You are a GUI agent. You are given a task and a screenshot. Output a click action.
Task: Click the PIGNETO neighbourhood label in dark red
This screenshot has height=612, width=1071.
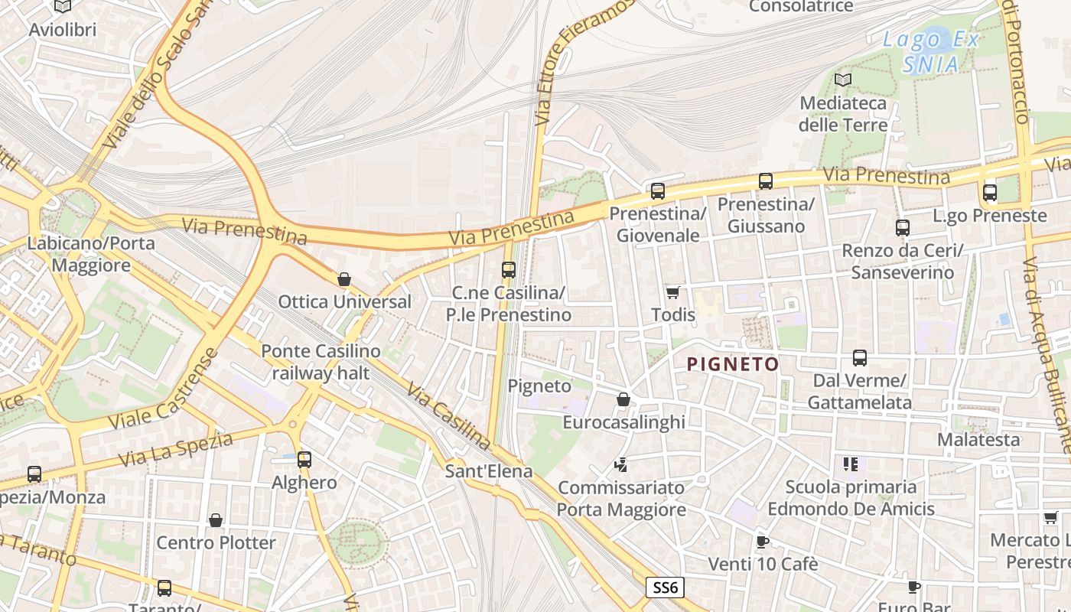click(x=733, y=364)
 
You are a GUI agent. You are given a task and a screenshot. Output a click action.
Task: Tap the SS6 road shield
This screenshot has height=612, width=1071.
click(x=665, y=588)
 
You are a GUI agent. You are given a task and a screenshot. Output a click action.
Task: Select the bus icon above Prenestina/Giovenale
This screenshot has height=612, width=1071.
click(x=657, y=191)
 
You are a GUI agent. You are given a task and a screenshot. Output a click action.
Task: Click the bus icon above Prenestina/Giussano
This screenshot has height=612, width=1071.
click(x=765, y=181)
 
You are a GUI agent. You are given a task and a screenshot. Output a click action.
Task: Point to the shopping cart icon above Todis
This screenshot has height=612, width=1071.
click(x=673, y=292)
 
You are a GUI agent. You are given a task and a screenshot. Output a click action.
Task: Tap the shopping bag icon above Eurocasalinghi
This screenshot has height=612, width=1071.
click(x=623, y=399)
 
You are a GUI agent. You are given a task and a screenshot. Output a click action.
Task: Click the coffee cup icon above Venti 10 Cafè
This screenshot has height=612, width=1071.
click(x=762, y=542)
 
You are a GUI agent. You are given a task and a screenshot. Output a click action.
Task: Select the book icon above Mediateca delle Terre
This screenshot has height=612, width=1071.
click(x=843, y=80)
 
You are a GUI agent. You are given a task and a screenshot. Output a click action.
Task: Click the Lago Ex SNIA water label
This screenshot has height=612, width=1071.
click(x=930, y=52)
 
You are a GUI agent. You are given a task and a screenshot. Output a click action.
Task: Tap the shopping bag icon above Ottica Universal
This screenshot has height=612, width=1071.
click(x=344, y=279)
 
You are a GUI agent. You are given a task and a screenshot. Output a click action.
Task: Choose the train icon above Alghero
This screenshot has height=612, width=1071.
click(x=304, y=460)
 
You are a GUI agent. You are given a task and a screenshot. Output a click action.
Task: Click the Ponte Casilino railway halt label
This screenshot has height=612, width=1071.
click(x=321, y=363)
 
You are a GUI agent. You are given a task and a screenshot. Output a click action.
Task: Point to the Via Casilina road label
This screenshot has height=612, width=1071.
click(x=448, y=417)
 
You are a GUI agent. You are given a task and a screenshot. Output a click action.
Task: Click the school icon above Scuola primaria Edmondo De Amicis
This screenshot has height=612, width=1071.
click(x=851, y=464)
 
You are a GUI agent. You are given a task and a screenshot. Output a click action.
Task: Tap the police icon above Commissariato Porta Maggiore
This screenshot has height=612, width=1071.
click(x=621, y=464)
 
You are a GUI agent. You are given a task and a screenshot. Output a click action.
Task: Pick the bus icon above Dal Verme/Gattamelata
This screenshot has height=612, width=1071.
click(x=860, y=358)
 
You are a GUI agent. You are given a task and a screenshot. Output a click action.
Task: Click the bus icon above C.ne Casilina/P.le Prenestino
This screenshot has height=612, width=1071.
click(x=509, y=270)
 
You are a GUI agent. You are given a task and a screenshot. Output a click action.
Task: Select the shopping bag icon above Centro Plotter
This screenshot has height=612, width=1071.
click(x=216, y=520)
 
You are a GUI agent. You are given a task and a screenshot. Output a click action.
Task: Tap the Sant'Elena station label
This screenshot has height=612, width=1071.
click(x=489, y=470)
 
